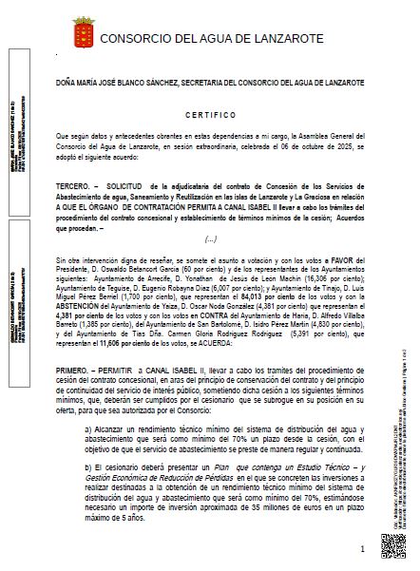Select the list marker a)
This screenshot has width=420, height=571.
click(88, 429)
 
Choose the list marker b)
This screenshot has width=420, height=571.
click(88, 466)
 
